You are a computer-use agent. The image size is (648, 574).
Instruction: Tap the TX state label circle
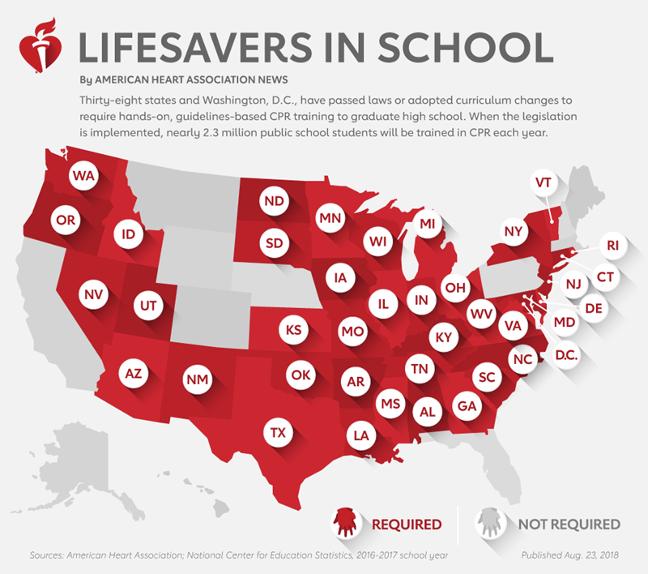tap(278, 433)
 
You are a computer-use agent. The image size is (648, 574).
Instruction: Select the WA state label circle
tap(83, 175)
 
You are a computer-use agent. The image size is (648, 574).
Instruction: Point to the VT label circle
tap(543, 183)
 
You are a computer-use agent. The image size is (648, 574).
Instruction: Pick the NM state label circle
tap(195, 379)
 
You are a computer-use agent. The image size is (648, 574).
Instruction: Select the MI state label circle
tap(428, 223)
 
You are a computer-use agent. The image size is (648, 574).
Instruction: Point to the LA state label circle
tap(361, 435)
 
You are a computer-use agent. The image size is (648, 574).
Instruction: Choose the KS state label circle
tap(294, 330)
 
